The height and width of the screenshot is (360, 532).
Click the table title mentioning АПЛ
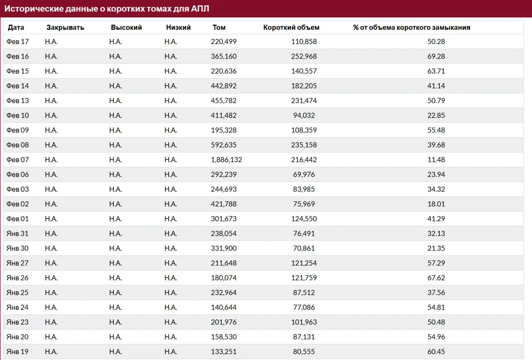coord(107,9)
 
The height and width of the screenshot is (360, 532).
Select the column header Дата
coord(16,27)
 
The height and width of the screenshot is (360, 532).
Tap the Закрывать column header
coord(65,27)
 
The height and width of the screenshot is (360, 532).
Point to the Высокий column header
coord(126,27)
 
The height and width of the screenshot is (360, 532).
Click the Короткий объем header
coord(291,27)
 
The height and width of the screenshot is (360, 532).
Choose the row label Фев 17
coord(17,42)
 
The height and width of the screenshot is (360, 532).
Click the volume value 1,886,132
coord(227,160)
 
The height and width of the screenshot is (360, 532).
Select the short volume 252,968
coord(304,56)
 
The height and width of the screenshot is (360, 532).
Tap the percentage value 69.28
coord(436,56)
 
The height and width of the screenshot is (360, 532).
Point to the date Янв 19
coord(17,351)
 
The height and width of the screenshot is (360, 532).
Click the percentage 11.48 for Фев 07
coord(436,160)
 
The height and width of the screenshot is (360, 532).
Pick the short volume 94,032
coord(304,116)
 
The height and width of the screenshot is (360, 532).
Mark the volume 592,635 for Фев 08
coord(224,145)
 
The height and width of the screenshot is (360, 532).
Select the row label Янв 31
coord(17,234)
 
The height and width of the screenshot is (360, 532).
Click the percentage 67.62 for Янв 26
coord(436,278)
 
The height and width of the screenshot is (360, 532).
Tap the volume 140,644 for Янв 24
coord(224,307)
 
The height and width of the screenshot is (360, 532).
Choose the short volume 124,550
coord(304,219)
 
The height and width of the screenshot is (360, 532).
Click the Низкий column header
coord(178,27)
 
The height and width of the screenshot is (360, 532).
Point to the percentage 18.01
coord(436,204)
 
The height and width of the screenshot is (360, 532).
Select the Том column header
coord(219,27)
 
